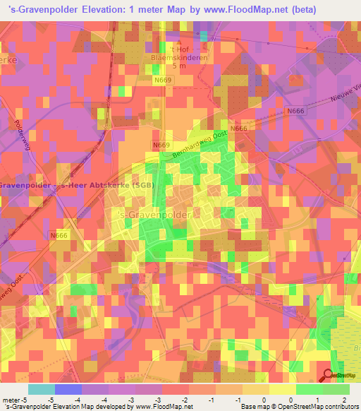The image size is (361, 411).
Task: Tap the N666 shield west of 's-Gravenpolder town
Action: pos(59,236)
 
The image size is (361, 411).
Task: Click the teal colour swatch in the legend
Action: pos(42,389)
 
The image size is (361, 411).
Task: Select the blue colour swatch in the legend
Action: pos(68,389)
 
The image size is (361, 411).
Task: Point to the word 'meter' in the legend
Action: pos(12,400)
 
